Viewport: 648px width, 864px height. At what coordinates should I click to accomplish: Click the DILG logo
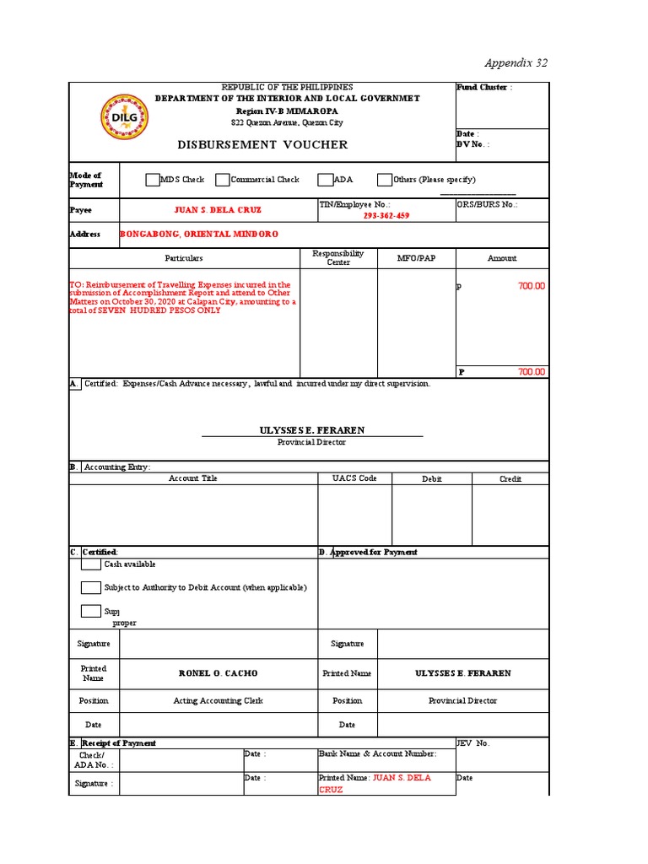tap(124, 119)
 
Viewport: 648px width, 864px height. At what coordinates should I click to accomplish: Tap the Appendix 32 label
tap(516, 63)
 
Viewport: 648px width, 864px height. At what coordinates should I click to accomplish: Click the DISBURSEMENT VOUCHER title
tap(262, 145)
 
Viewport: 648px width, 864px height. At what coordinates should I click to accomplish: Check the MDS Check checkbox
tap(152, 180)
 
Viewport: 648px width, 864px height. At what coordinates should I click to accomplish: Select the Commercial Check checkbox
tap(223, 180)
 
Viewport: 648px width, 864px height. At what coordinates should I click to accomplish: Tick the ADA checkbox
tap(326, 180)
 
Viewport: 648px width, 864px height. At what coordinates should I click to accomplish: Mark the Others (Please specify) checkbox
tap(385, 180)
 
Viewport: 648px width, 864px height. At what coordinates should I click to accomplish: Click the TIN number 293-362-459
tap(386, 216)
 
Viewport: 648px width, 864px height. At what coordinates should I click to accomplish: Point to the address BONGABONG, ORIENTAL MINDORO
tap(199, 235)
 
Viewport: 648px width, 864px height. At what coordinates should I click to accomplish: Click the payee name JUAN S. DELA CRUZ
tap(217, 210)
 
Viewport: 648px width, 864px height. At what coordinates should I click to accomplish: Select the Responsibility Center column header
tap(338, 257)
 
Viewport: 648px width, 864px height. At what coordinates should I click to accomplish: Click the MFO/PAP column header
tap(416, 258)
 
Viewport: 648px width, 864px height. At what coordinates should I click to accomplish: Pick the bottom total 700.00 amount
tap(532, 372)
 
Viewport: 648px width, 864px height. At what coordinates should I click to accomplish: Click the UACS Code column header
tap(354, 478)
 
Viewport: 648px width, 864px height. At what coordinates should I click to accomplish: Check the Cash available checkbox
tap(91, 564)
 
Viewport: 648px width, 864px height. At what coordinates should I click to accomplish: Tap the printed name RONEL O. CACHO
tap(219, 673)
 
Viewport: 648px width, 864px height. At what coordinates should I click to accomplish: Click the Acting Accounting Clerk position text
tap(219, 700)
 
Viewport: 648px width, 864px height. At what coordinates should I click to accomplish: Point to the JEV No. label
tap(472, 743)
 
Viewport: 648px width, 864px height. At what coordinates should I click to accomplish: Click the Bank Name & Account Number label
tap(377, 753)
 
